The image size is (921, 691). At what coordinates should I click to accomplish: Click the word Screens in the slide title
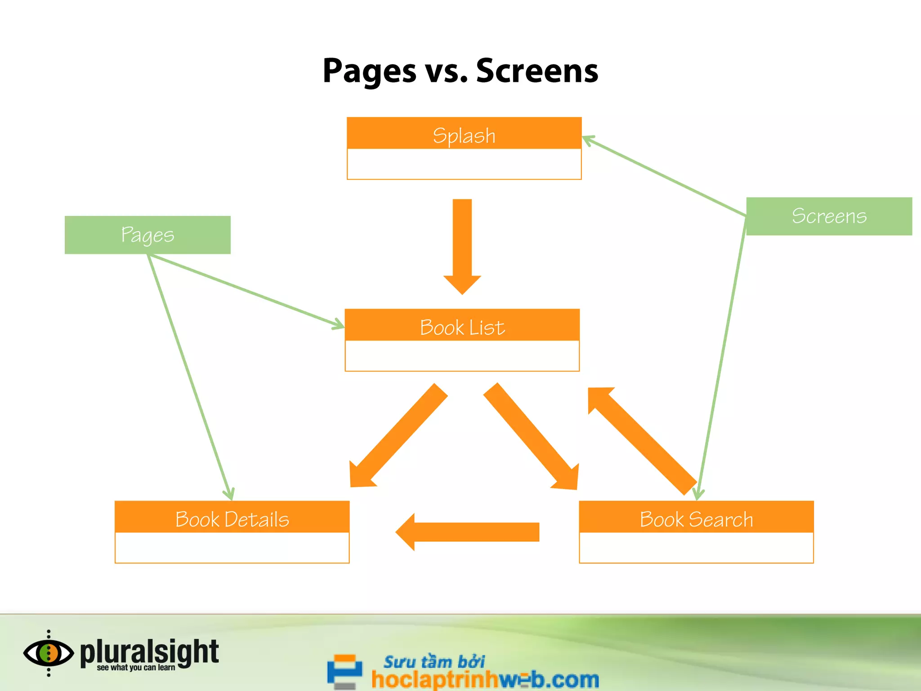click(537, 71)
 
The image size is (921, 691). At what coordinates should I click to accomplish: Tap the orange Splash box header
click(464, 134)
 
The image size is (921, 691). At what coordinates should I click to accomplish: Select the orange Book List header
click(462, 326)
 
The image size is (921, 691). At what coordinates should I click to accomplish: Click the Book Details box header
click(232, 518)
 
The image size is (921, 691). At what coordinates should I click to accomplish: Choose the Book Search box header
click(696, 518)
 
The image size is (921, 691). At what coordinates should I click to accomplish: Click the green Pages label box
click(148, 235)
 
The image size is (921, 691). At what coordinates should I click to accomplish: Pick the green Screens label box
click(829, 216)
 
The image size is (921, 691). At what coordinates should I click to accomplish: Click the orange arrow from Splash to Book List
click(462, 243)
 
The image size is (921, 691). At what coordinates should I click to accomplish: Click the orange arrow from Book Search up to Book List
click(643, 441)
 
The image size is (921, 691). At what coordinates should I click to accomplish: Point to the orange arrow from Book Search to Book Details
click(468, 532)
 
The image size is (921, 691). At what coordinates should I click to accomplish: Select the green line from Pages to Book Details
click(189, 373)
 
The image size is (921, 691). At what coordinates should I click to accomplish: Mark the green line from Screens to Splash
click(666, 176)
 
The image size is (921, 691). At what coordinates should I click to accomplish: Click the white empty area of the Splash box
click(464, 164)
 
